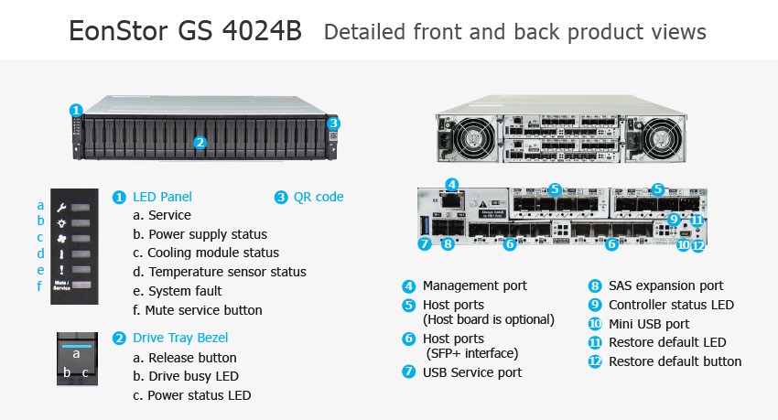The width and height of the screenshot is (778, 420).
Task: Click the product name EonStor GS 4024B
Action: coord(185,31)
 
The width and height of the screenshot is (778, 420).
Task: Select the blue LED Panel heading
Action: coord(162,197)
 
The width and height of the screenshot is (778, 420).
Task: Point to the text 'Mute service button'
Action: coord(203,310)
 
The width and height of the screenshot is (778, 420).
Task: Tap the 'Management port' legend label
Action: coord(474,285)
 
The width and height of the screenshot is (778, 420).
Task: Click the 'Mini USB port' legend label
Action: coord(649,324)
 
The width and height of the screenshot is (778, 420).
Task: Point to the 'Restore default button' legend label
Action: coord(675,361)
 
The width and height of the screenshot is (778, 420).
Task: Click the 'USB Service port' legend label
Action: coord(472,372)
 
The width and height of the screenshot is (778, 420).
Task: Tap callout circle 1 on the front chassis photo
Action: coord(76,110)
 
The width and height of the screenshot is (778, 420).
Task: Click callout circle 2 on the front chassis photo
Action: coord(200,142)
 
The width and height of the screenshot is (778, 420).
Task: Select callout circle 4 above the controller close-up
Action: coord(450,184)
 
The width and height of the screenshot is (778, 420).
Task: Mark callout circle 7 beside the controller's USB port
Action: coord(425,244)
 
